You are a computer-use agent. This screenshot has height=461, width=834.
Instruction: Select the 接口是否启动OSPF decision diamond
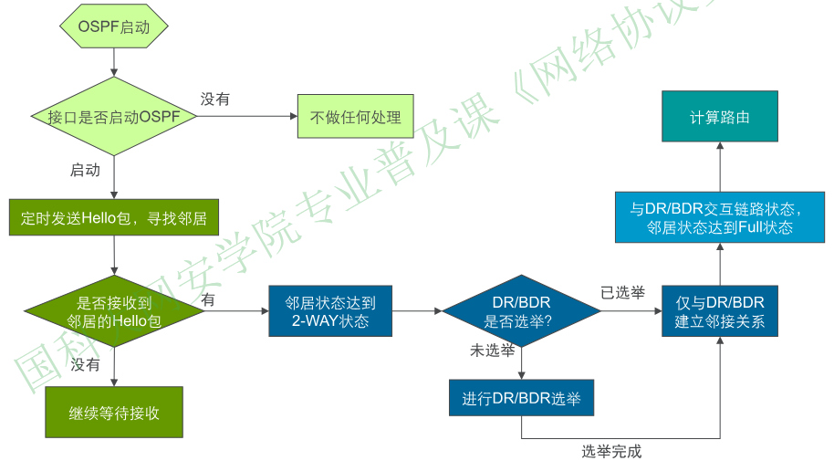tap(114, 117)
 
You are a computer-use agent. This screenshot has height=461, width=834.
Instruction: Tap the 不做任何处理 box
tap(355, 117)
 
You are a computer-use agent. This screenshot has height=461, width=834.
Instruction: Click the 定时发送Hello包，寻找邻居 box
tap(114, 219)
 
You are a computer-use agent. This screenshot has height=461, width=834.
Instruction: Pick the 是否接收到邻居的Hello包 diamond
tap(114, 310)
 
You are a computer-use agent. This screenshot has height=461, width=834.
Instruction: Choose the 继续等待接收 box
tap(114, 413)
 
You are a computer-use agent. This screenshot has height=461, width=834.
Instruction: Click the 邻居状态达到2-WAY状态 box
tap(330, 311)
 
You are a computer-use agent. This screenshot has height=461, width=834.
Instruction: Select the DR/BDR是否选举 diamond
tap(521, 311)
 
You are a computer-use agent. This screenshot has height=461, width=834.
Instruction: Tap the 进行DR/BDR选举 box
tap(521, 398)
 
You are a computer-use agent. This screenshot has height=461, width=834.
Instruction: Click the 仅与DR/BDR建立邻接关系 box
tap(720, 311)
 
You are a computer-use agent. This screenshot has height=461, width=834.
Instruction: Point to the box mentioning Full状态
tap(720, 218)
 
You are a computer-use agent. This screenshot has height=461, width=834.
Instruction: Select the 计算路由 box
tap(720, 117)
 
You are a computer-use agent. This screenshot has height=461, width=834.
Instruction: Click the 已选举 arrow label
tap(622, 293)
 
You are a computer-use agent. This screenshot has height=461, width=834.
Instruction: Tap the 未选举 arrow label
tap(492, 351)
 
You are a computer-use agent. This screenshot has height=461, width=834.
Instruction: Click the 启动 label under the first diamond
tap(85, 170)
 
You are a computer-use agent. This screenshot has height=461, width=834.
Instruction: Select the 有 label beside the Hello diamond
tap(208, 299)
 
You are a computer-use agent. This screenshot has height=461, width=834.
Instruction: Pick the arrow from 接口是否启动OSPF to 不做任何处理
tap(246, 117)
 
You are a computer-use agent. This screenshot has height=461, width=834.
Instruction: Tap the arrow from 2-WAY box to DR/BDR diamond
tap(417, 311)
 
